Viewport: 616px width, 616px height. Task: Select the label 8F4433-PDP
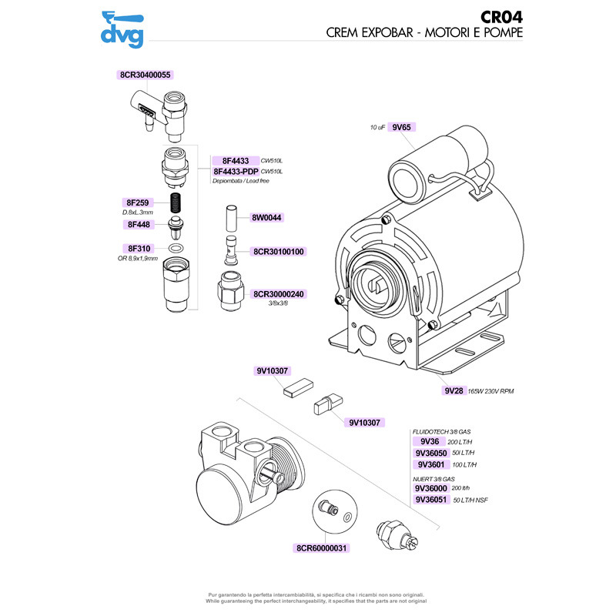[x=235, y=171]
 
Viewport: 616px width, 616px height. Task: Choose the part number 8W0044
[x=267, y=218]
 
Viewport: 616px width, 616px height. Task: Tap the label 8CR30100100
[x=279, y=252]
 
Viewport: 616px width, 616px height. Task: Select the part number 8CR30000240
[x=279, y=294]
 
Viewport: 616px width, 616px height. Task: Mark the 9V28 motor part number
[x=453, y=391]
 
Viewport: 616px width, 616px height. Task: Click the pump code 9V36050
[x=430, y=454]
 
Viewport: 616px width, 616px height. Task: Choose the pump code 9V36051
[x=432, y=500]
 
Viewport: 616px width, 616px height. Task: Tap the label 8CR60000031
[x=323, y=548]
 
